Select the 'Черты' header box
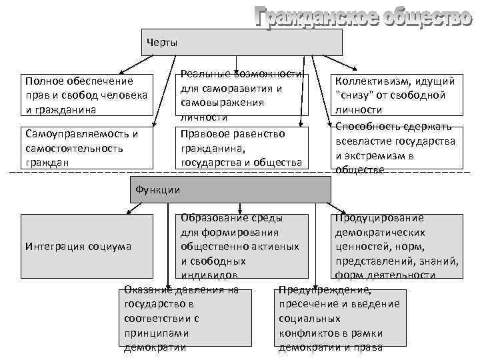(241, 42)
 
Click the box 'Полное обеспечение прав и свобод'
(85, 95)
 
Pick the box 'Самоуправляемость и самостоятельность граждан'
(85, 147)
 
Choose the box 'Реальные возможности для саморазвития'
(241, 95)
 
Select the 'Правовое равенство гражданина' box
(241, 147)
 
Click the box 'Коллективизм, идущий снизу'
(397, 95)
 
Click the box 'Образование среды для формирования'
(241, 246)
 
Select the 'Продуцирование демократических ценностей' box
(397, 246)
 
